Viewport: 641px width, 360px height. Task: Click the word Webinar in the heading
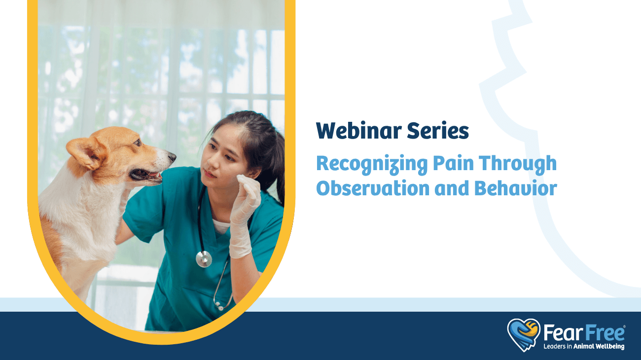point(359,131)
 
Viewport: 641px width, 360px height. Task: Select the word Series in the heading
point(438,131)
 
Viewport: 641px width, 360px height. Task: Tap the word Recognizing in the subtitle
point(372,164)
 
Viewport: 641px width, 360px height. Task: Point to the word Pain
point(454,163)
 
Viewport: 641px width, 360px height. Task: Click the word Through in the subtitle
point(518,164)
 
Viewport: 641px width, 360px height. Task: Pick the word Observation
point(373,188)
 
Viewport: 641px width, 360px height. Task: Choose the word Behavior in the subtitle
point(516,188)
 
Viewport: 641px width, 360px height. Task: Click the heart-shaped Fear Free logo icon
point(524,335)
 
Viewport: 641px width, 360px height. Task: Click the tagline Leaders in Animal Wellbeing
point(584,346)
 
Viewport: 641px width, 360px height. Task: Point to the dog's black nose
point(172,156)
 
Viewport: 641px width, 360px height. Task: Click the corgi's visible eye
point(138,142)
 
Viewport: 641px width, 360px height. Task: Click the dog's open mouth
point(146,175)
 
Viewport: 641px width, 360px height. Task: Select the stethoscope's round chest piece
point(204,259)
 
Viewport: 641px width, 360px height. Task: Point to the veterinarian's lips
point(209,174)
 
